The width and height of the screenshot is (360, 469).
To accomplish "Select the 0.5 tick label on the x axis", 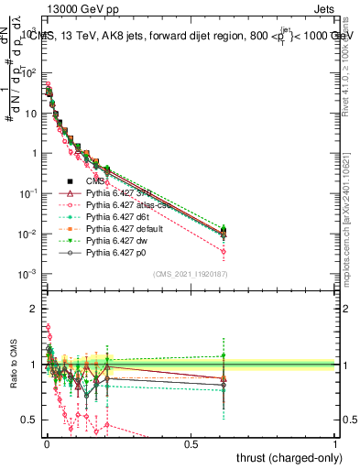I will [x=191, y=443].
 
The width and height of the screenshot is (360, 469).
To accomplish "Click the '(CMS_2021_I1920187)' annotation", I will [x=190, y=273].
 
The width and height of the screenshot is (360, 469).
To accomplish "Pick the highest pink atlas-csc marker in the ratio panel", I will [x=48, y=326].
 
